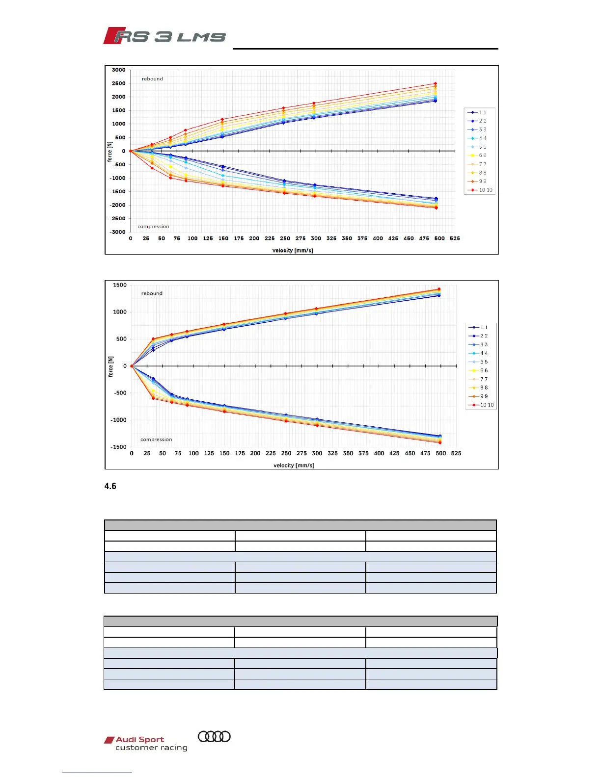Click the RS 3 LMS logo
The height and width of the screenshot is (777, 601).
coord(164,36)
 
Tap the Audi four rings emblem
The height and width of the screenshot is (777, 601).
coord(214,736)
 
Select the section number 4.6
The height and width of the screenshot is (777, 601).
coord(110,486)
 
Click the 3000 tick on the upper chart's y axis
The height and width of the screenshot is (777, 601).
coord(118,70)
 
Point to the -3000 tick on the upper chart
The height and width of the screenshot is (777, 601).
coord(117,232)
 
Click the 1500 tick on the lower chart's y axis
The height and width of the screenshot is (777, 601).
coord(119,285)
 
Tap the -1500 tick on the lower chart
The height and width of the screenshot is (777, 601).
coord(118,447)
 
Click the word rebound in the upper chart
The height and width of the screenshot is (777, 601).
coord(152,78)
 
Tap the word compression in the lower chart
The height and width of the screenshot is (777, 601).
coord(156,440)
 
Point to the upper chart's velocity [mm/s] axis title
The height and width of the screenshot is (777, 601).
coord(293,251)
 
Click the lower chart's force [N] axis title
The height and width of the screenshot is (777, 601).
coord(110,366)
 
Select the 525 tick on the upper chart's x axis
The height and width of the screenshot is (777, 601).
coord(455,238)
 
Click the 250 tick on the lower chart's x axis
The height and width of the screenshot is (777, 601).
coord(286,453)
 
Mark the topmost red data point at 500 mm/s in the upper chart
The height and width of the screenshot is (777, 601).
coord(436,83)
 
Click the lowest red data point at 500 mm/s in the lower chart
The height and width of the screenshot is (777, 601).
coord(439,442)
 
